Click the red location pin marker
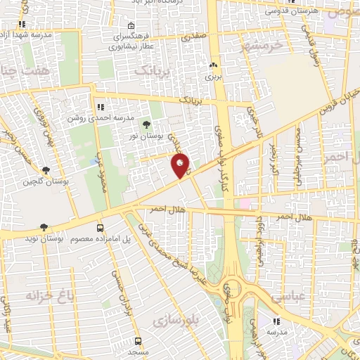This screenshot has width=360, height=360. pyautogui.click(x=180, y=166)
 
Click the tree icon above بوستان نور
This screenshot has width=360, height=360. pyautogui.click(x=146, y=124)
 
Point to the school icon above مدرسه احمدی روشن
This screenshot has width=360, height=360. pyautogui.click(x=101, y=108)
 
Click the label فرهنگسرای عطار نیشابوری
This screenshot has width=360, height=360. pyautogui.click(x=132, y=41)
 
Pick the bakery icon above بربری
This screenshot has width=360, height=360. pyautogui.click(x=212, y=65)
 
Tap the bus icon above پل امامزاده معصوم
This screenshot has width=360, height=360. pyautogui.click(x=100, y=229)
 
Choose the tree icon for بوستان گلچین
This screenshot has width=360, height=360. pyautogui.click(x=46, y=170)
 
